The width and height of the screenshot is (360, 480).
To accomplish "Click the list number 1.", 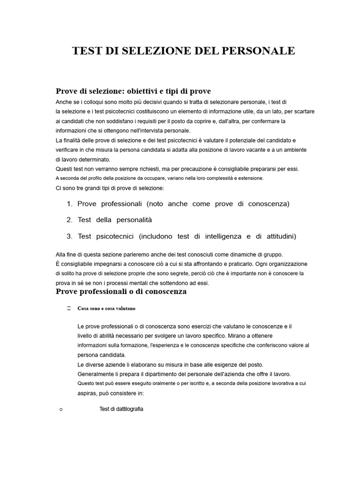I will coord(69,204).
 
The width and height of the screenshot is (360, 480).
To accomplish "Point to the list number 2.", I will coord(69,220).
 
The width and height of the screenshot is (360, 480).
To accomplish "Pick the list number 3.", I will coord(69,236).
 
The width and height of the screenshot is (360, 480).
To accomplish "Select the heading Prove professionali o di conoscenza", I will coord(121,292).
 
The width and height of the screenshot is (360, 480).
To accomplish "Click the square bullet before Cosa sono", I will coord(68,308).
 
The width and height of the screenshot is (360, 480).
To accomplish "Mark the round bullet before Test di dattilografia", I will coord(61,410).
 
